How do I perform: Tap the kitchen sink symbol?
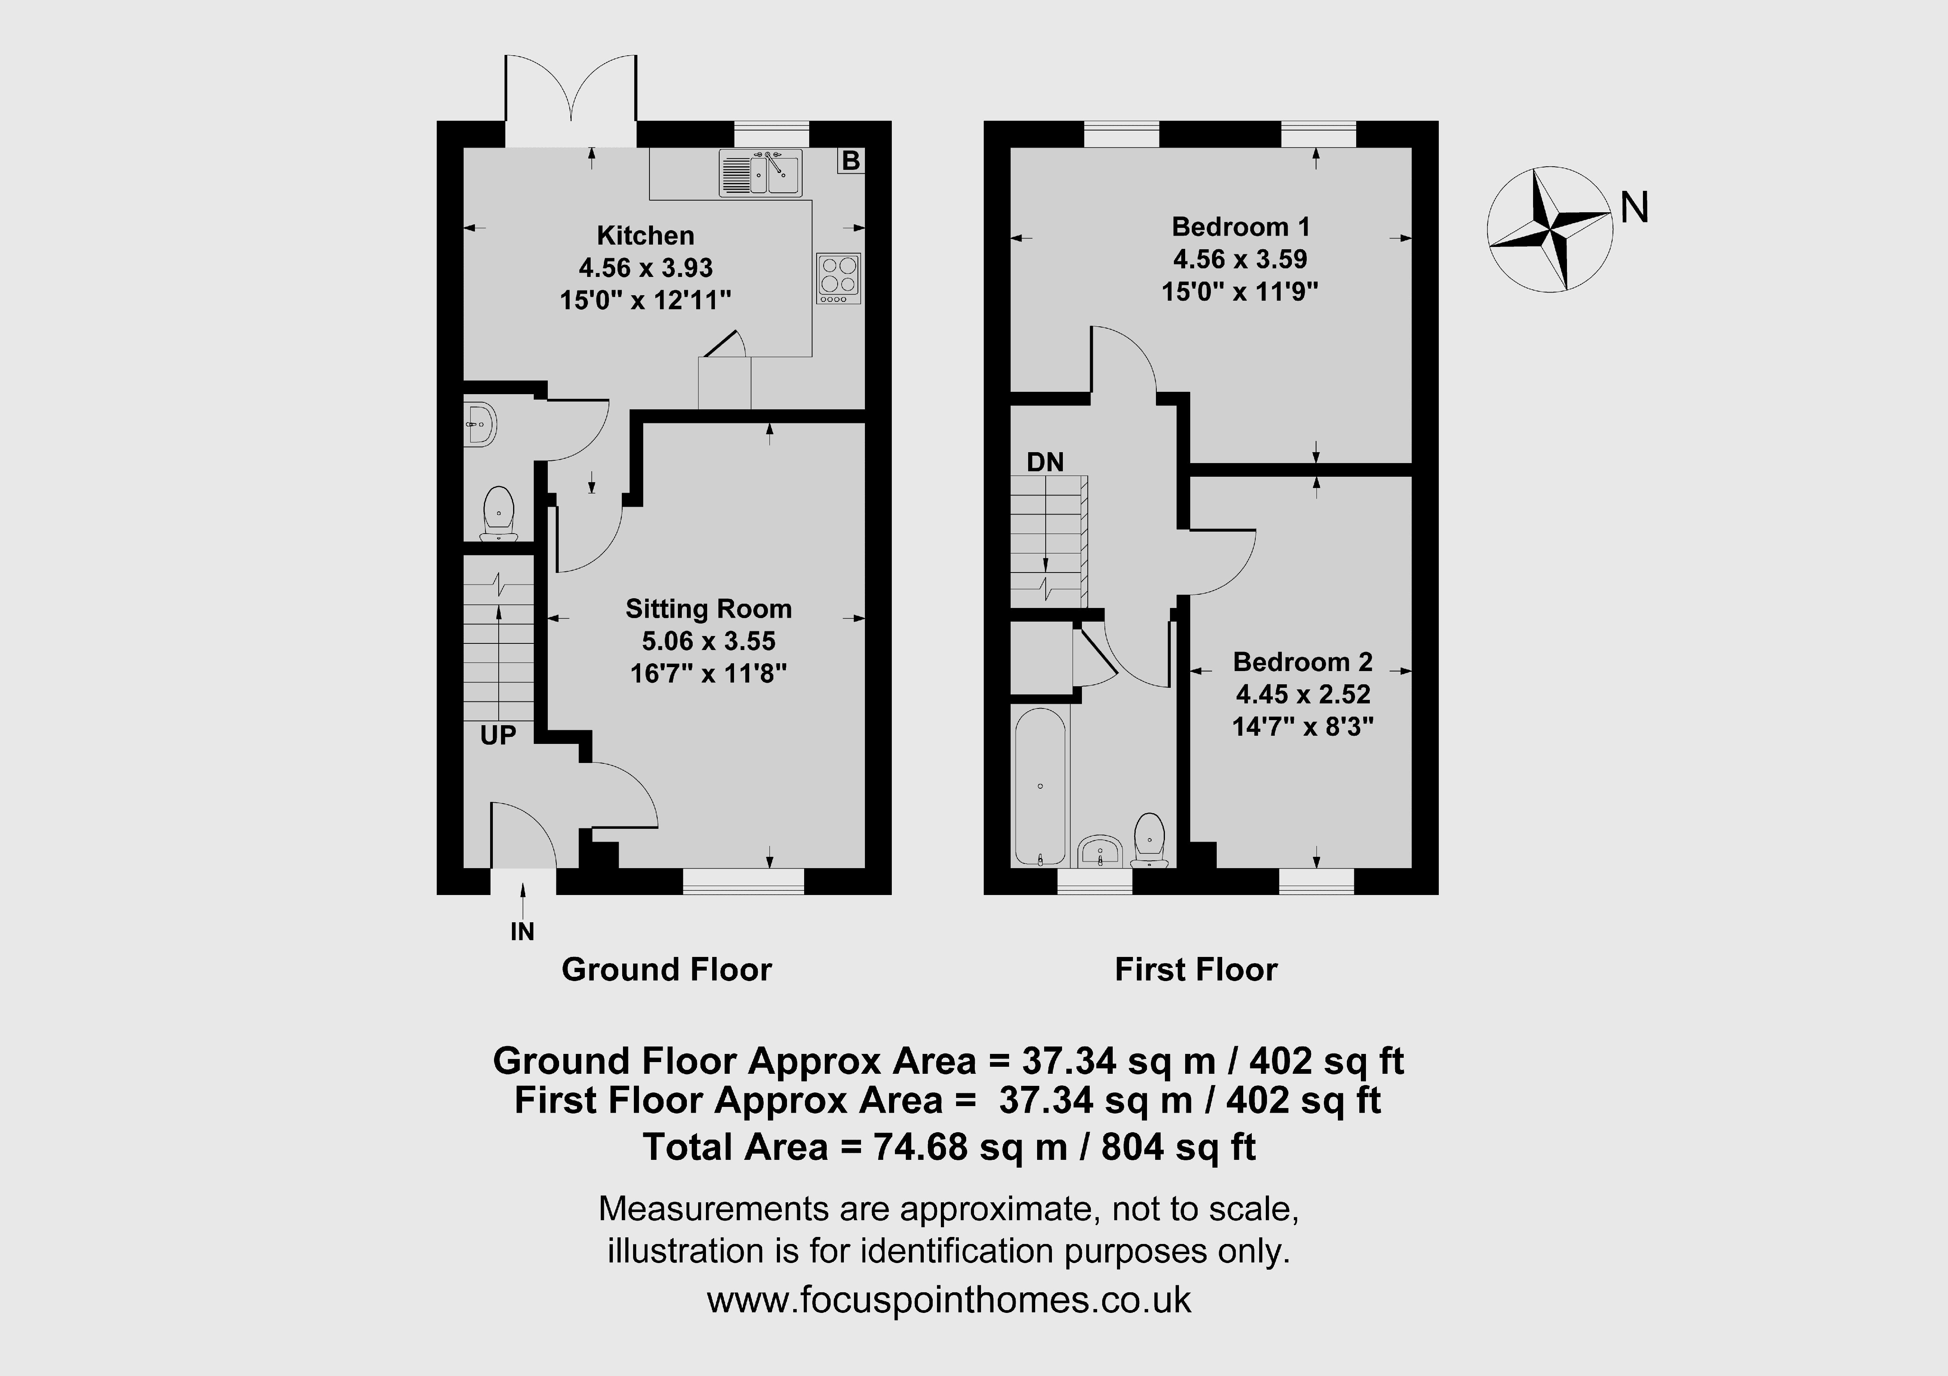760,173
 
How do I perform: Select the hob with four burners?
838,278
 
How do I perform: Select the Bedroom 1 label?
1240,227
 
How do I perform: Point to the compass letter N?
1634,207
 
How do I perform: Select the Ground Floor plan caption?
667,970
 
